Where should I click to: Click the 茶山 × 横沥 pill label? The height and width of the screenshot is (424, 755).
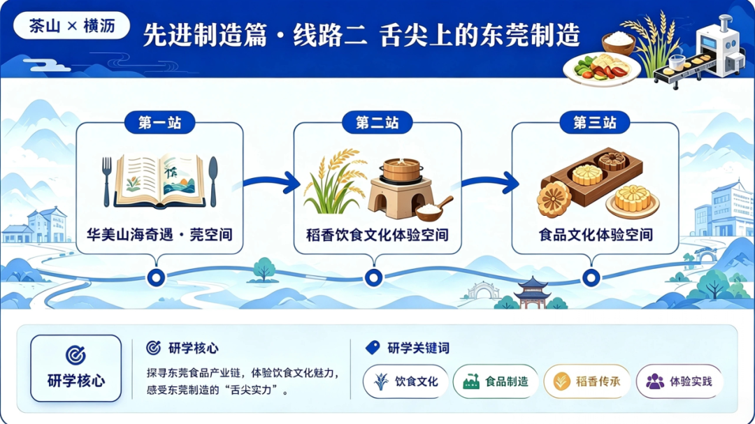[x=72, y=26]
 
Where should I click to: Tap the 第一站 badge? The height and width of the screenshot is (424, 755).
[x=160, y=123]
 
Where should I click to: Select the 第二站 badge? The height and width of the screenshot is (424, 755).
[x=377, y=123]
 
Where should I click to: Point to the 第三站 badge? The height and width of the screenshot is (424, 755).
[x=595, y=123]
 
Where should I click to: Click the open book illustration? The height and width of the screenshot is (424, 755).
[x=160, y=182]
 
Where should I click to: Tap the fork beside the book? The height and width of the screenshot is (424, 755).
[x=106, y=182]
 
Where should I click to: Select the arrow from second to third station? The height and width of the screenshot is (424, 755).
[x=490, y=182]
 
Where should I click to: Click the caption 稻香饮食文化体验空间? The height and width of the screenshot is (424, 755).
[x=377, y=235]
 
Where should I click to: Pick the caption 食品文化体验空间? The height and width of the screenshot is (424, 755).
[x=596, y=235]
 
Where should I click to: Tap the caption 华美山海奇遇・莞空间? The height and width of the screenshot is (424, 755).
[x=159, y=235]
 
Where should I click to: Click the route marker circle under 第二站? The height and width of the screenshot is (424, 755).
[x=373, y=278]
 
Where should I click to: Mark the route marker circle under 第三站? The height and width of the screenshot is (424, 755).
[x=591, y=278]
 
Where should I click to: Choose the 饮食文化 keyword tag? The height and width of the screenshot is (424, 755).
[x=406, y=381]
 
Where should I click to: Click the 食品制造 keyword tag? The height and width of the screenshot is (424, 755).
[x=496, y=381]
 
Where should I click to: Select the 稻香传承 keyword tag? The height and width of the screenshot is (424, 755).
[x=587, y=381]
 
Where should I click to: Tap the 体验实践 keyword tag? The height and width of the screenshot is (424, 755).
[x=679, y=381]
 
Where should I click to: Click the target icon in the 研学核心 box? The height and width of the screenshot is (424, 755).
[x=75, y=355]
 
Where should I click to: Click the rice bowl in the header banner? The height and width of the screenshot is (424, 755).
[x=618, y=43]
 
